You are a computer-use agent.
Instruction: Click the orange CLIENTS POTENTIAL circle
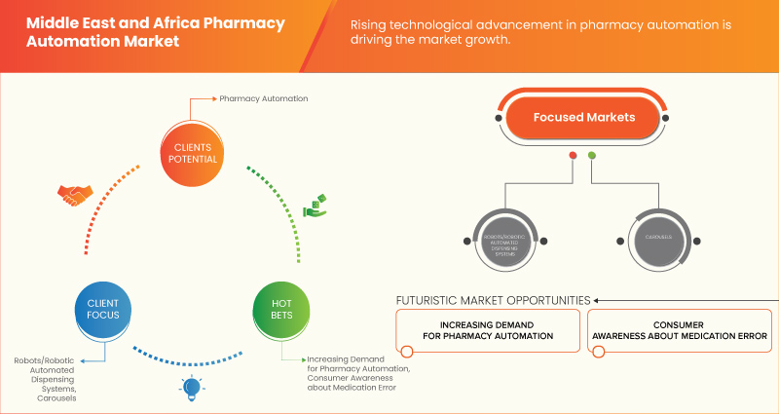(x=190, y=153)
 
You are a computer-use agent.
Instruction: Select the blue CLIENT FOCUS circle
(x=96, y=309)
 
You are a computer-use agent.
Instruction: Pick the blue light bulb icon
(x=191, y=388)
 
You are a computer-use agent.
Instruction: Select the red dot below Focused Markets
(x=573, y=156)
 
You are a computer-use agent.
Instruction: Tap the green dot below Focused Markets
(x=592, y=156)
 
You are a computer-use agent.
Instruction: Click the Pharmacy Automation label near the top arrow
(x=263, y=99)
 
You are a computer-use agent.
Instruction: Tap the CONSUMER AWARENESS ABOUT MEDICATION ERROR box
(x=680, y=329)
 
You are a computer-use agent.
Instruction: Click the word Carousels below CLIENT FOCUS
(x=58, y=397)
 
